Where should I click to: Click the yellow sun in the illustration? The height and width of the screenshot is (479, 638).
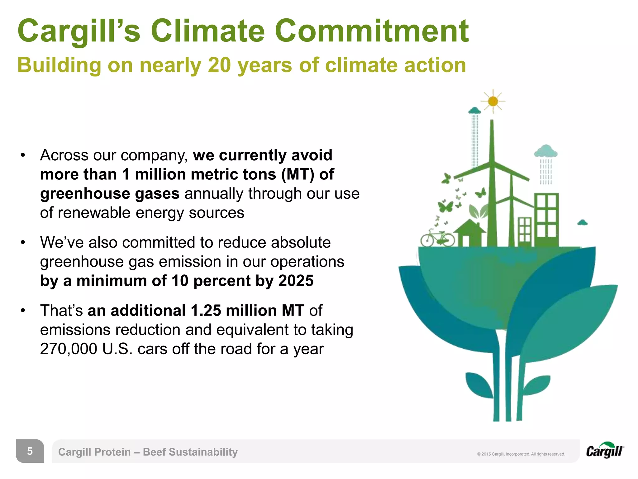(493, 101)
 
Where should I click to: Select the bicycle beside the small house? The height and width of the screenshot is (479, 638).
(437, 238)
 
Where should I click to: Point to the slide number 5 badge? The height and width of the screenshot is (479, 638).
(30, 451)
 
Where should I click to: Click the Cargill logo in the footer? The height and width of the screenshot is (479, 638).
(605, 451)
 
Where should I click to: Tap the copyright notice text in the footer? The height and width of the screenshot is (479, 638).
(521, 454)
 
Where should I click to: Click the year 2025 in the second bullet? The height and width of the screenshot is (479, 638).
(296, 281)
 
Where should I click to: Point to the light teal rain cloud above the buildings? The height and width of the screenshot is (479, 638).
(545, 151)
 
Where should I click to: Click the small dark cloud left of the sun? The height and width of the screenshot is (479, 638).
(475, 110)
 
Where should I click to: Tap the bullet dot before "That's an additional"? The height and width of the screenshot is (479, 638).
(23, 311)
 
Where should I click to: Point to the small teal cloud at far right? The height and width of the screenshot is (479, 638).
(582, 223)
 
